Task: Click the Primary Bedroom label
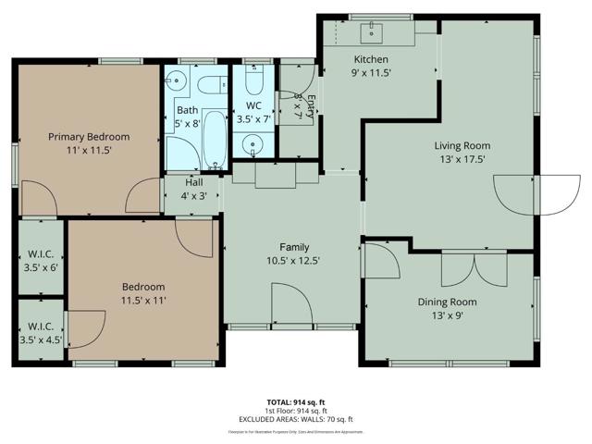[89, 137]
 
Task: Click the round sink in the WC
[250, 144]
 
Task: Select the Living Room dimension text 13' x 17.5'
[462, 159]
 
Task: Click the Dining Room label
[447, 302]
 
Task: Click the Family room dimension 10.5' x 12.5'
[294, 261]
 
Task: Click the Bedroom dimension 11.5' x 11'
[142, 301]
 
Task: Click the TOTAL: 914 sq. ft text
[295, 401]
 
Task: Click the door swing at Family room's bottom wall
[289, 305]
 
